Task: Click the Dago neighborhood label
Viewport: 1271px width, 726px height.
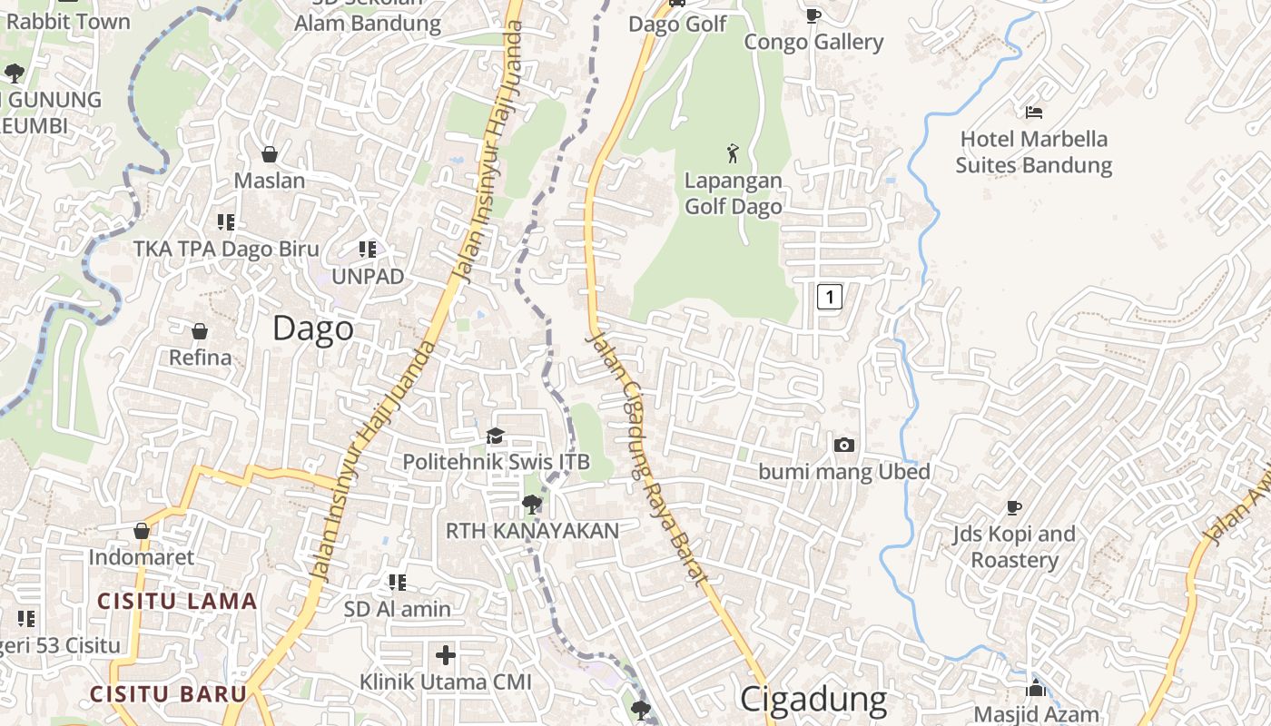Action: click(313, 329)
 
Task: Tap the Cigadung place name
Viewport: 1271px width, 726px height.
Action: click(813, 699)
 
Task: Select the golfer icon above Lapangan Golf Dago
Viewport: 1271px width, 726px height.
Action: click(733, 153)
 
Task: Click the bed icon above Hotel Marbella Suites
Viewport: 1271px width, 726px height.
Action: click(1033, 113)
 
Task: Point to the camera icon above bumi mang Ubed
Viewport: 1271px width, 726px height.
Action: click(844, 445)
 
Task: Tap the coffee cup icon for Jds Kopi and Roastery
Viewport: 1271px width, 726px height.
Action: click(1014, 507)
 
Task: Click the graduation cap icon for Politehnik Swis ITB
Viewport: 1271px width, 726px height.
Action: click(495, 437)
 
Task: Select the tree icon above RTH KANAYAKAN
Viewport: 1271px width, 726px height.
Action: click(532, 504)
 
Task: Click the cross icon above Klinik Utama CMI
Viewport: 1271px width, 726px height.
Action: click(445, 654)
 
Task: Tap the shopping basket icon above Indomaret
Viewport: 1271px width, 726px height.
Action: click(142, 530)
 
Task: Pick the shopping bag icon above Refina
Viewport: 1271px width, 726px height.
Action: click(200, 331)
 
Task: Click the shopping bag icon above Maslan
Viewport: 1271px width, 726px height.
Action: click(269, 154)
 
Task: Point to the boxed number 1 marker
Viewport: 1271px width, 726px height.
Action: click(829, 296)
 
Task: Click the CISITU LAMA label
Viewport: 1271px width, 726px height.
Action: click(177, 601)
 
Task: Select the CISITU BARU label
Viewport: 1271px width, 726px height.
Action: click(168, 694)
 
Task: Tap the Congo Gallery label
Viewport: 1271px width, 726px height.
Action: click(813, 42)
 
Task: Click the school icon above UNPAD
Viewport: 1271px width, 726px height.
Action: click(367, 249)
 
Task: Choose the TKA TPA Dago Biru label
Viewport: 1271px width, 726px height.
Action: click(226, 249)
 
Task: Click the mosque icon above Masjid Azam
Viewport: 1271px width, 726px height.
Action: click(1036, 688)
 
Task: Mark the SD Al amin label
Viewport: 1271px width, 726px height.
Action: click(397, 609)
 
